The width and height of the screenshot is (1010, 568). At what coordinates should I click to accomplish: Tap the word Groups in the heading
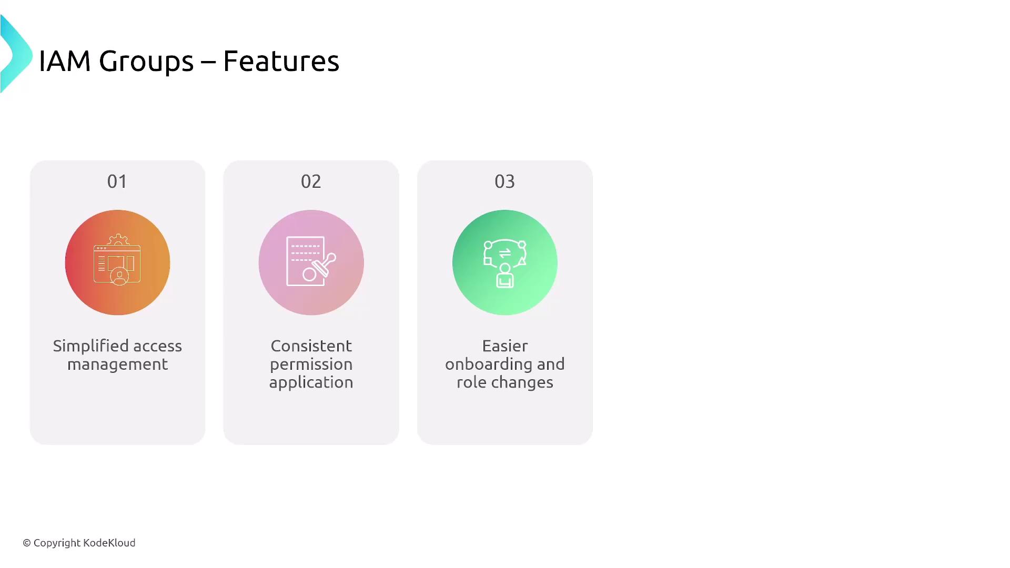click(146, 63)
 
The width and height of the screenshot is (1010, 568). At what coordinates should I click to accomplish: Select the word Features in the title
click(281, 61)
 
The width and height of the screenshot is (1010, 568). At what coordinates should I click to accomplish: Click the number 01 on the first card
click(117, 181)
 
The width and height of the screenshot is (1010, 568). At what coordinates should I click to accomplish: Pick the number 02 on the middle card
click(311, 181)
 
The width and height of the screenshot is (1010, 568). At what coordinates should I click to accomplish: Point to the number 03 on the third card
click(504, 181)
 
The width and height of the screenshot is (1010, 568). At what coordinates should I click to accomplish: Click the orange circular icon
click(117, 262)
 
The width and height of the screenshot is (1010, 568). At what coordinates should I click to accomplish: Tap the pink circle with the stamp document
click(311, 262)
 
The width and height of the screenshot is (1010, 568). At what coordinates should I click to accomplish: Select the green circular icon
click(505, 262)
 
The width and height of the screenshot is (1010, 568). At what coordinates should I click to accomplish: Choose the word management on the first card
click(117, 365)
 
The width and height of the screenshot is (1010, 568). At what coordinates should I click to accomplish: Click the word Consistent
click(311, 346)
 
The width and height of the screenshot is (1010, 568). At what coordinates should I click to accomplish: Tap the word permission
click(311, 365)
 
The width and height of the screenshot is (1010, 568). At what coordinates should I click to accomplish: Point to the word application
click(311, 383)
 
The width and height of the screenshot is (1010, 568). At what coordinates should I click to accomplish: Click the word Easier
click(505, 346)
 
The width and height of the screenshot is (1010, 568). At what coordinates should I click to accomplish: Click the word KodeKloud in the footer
click(109, 543)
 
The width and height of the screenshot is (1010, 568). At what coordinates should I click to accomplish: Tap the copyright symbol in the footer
click(27, 543)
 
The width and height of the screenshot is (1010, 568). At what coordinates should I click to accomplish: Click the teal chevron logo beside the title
click(16, 54)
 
